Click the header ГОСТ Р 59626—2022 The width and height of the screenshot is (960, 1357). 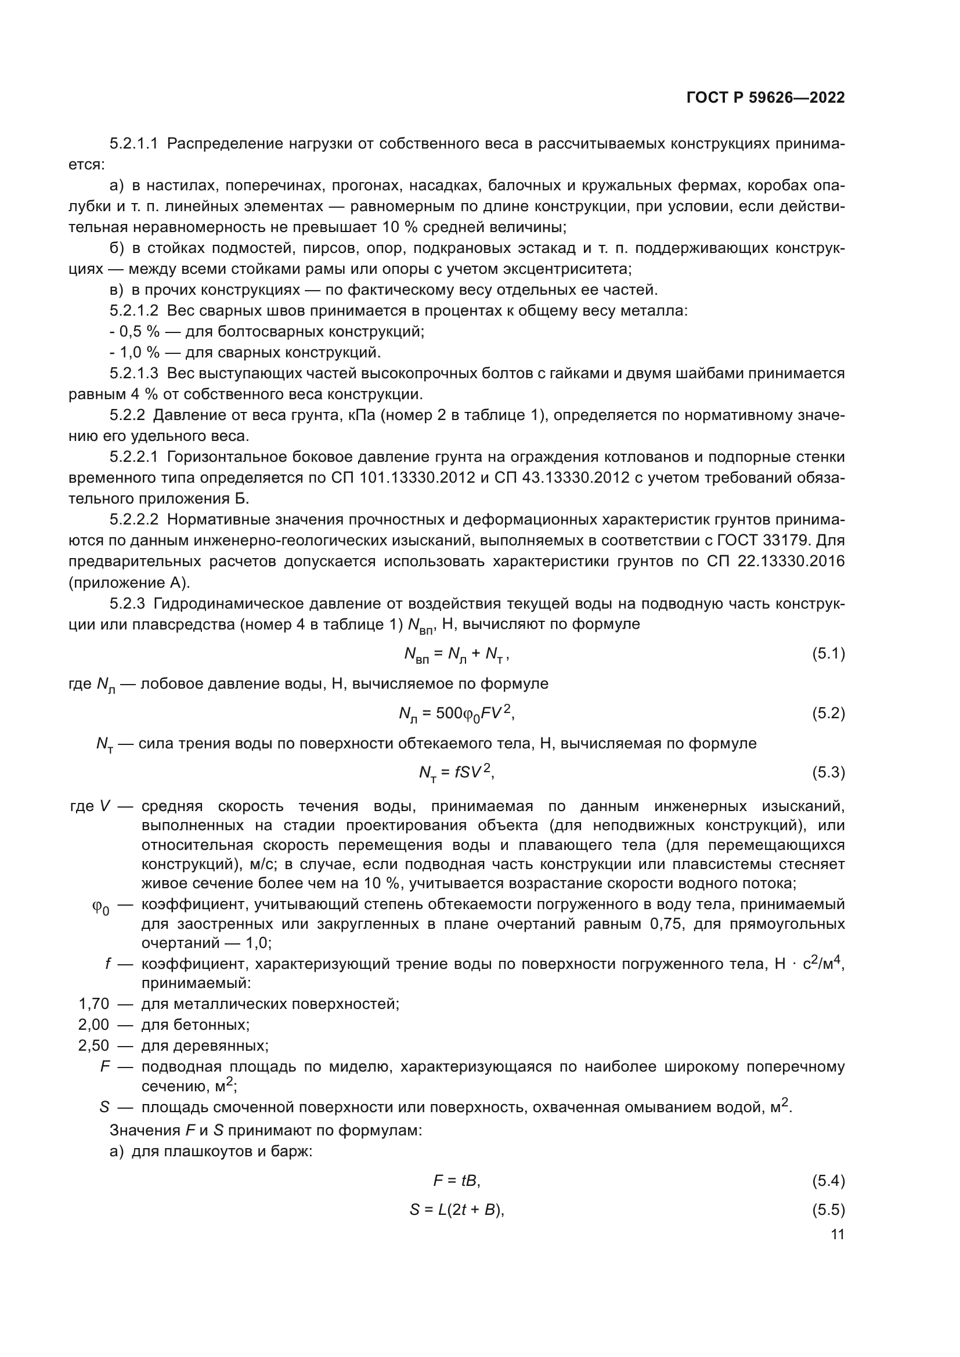(766, 98)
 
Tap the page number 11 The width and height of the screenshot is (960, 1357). (837, 1234)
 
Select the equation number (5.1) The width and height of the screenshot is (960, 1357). (828, 654)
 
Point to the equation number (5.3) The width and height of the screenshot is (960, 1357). (828, 772)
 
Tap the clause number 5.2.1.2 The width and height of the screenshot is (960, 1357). (134, 311)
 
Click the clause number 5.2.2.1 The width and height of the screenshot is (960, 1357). (134, 457)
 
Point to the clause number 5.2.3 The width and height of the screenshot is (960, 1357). (127, 603)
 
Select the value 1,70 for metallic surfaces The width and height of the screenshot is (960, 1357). (94, 1004)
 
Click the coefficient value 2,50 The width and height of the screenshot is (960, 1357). (94, 1045)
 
